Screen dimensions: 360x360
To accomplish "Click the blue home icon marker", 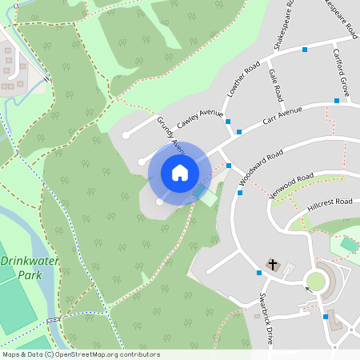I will pyautogui.click(x=180, y=173).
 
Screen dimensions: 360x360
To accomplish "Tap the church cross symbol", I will pyautogui.click(x=272, y=265).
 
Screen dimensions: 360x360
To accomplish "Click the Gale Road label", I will pyautogui.click(x=277, y=86).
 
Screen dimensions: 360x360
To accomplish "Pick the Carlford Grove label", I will pyautogui.click(x=342, y=72).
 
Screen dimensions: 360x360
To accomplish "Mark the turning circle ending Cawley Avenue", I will pyautogui.click(x=126, y=134).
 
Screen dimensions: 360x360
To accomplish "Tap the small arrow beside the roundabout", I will pyautogui.click(x=307, y=289).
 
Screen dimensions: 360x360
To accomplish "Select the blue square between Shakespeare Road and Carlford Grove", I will pyautogui.click(x=305, y=50).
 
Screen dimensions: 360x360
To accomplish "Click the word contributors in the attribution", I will pyautogui.click(x=135, y=354).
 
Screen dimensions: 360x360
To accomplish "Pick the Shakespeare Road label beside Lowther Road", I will pyautogui.click(x=282, y=27).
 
